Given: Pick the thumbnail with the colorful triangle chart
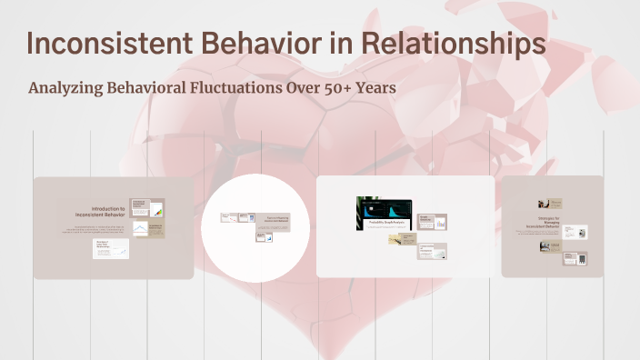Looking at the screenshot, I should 146,208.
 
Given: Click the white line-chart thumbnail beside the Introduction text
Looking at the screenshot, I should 140,229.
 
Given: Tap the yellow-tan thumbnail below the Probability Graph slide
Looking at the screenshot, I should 400,239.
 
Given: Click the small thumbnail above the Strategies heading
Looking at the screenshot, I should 550,204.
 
